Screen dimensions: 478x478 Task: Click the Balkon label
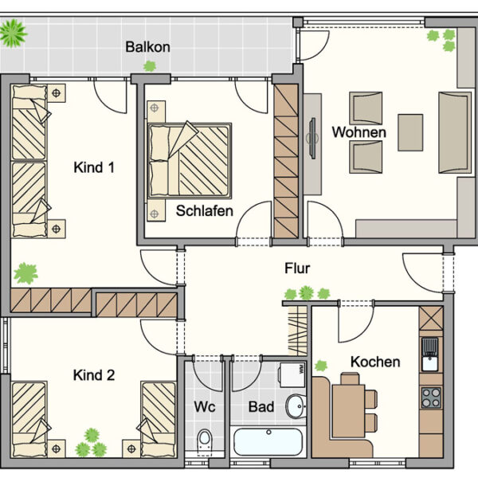147,47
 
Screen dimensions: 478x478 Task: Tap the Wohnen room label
359,132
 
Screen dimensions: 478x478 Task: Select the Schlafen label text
205,211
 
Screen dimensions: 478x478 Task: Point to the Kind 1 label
94,167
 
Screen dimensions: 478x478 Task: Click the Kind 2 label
94,374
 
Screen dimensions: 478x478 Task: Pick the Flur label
297,268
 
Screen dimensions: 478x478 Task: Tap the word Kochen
375,362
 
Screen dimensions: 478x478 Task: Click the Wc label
205,407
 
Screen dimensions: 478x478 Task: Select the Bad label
261,407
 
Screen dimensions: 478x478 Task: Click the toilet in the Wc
205,440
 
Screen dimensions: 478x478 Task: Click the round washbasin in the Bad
295,405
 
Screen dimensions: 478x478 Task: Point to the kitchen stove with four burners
430,396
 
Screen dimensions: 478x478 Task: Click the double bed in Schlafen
190,159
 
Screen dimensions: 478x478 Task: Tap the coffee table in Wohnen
410,131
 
